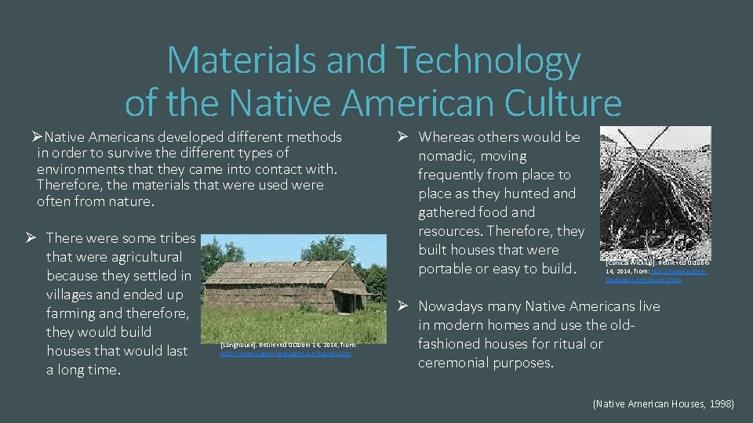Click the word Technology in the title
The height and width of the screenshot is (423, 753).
click(x=489, y=61)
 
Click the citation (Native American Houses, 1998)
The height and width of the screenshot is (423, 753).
click(x=664, y=404)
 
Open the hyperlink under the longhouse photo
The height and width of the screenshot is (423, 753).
click(x=286, y=354)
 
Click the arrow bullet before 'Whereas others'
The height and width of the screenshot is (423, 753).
click(x=400, y=137)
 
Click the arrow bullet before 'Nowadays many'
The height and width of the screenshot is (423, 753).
click(x=400, y=306)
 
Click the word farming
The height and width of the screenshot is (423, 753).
click(x=75, y=313)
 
